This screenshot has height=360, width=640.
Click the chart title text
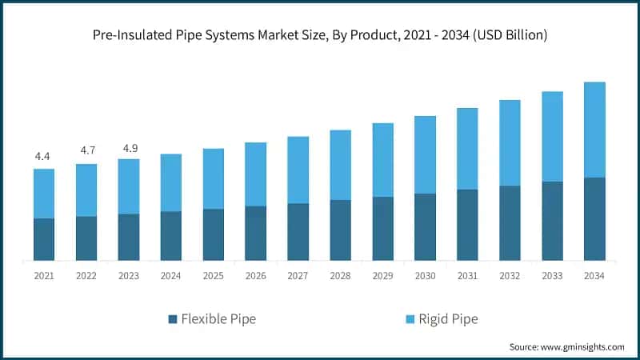tap(320, 34)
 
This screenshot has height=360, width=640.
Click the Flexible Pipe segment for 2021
tap(44, 239)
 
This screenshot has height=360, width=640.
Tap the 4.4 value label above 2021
tap(44, 156)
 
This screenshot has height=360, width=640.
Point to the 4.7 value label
tap(86, 150)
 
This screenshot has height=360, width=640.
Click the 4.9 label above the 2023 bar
tap(129, 147)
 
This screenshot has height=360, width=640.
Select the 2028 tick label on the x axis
tap(340, 275)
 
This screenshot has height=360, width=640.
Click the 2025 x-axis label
tap(213, 275)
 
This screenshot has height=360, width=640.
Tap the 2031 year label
tap(467, 275)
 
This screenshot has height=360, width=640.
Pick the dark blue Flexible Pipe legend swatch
tap(173, 319)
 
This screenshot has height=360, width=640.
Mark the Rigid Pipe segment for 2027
tap(298, 170)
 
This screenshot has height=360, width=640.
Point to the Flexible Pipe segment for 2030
tap(425, 226)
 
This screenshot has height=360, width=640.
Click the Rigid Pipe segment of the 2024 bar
tap(171, 182)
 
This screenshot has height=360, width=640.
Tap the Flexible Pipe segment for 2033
tap(552, 221)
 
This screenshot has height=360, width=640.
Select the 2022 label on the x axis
tap(86, 275)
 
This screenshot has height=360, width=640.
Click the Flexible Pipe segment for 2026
tap(255, 233)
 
